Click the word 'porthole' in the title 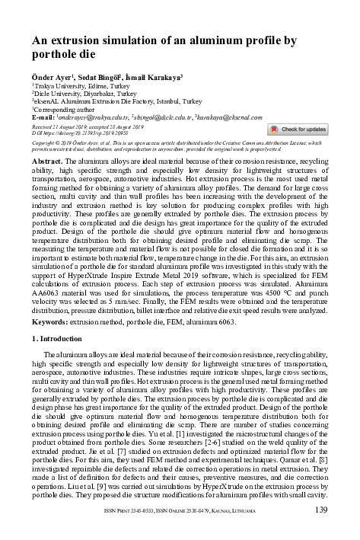pos(56,55)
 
